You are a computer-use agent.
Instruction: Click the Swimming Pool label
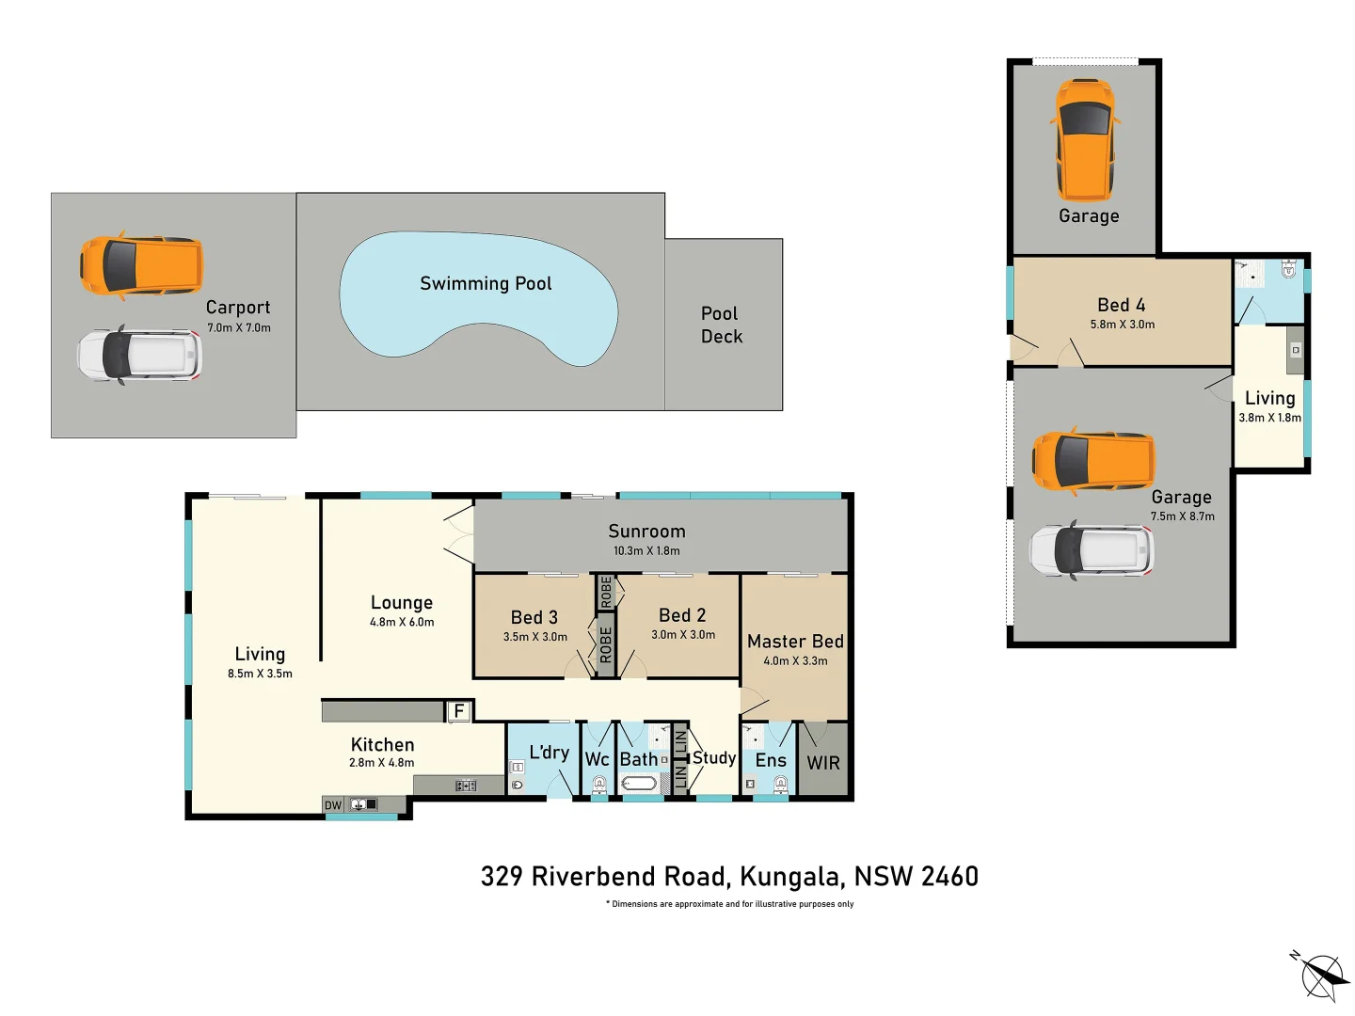tap(486, 283)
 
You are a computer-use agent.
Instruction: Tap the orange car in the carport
tap(141, 265)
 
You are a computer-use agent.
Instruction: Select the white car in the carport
tap(139, 355)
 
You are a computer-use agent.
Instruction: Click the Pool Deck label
tap(721, 325)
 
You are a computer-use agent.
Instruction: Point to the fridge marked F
tap(458, 711)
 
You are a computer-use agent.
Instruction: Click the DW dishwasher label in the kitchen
tap(333, 805)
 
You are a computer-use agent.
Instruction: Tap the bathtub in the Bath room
tap(640, 783)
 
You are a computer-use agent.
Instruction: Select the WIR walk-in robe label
tap(823, 763)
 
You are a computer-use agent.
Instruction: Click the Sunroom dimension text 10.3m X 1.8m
tap(646, 551)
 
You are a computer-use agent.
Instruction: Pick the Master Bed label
tap(795, 642)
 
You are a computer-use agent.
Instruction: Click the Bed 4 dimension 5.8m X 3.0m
tap(1122, 325)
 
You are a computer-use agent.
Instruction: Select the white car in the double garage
tap(1092, 550)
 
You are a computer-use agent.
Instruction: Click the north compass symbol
tap(1321, 975)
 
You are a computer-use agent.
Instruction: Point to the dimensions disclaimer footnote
tap(729, 904)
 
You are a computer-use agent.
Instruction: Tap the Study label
tap(714, 757)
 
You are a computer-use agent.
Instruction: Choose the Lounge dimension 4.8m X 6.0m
tap(402, 623)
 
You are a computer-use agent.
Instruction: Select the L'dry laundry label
tap(549, 753)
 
